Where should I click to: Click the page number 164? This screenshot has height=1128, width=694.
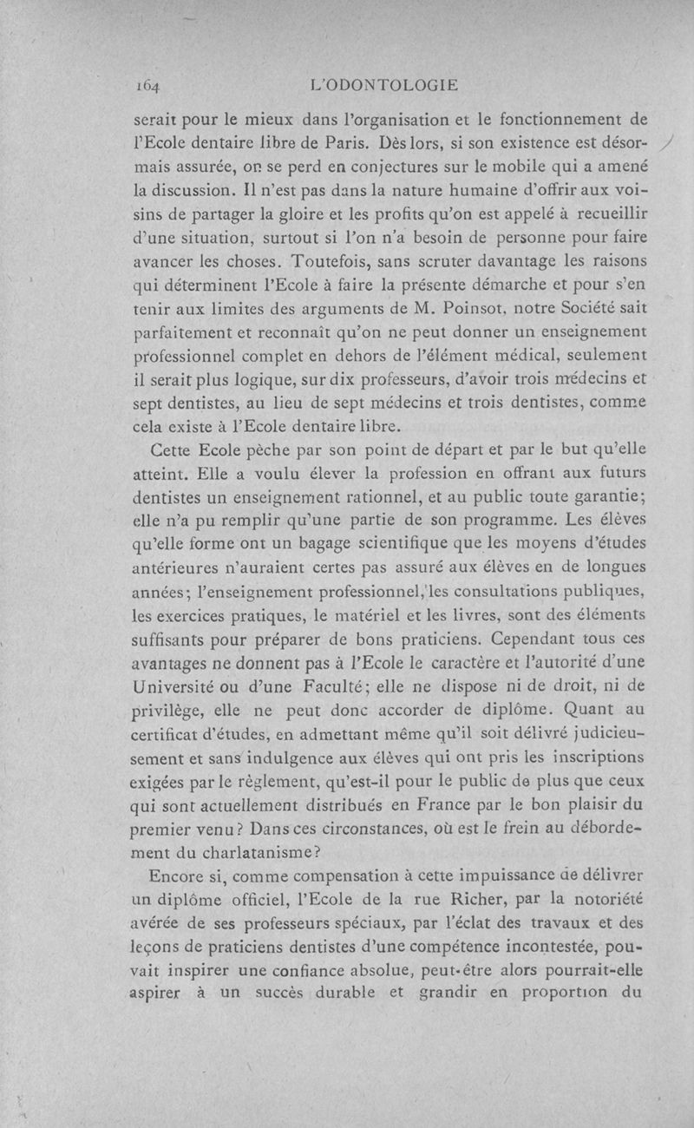click(x=150, y=86)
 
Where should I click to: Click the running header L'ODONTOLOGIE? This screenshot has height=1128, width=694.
click(x=383, y=85)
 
